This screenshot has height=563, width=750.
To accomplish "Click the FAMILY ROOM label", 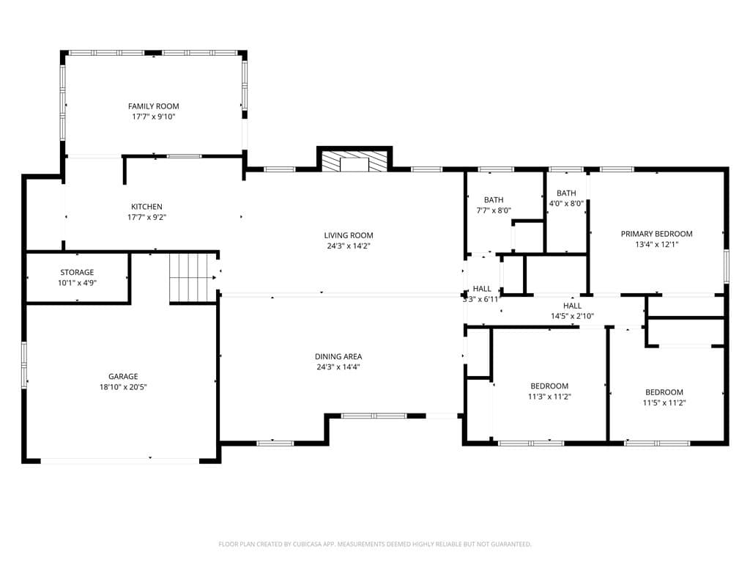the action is [x=154, y=106].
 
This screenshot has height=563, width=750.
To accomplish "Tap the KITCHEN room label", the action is [x=146, y=207].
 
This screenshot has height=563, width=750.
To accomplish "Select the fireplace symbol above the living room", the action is [x=354, y=162].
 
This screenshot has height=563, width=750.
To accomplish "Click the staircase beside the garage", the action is [x=191, y=278].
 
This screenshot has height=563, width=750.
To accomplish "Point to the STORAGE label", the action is [x=77, y=273].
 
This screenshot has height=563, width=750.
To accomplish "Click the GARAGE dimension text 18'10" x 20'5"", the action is [x=123, y=387].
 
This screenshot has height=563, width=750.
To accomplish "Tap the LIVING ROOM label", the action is [x=349, y=235].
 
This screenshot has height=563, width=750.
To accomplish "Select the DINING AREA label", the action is [x=338, y=357].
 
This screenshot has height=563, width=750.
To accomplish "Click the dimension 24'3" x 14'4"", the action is [x=338, y=367].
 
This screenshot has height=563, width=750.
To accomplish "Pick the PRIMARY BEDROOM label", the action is [x=657, y=234].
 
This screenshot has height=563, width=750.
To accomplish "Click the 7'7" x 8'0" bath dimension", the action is [x=494, y=210].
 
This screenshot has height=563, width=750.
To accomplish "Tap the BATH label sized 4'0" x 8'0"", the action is [x=566, y=193].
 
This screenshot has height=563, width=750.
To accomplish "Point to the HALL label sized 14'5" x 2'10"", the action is [x=573, y=306].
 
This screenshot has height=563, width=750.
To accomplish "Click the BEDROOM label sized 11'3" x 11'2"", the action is [x=549, y=386].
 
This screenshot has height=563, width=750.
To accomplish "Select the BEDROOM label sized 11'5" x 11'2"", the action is [x=664, y=392].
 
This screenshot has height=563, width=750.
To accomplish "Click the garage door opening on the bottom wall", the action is [x=119, y=461].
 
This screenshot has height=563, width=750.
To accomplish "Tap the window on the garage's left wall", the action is [x=24, y=362].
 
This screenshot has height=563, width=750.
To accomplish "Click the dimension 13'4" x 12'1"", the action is [x=657, y=244].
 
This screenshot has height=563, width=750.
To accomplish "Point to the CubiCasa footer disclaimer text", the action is [x=375, y=545].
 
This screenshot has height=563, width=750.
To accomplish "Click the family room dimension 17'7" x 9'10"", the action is [x=154, y=117].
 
